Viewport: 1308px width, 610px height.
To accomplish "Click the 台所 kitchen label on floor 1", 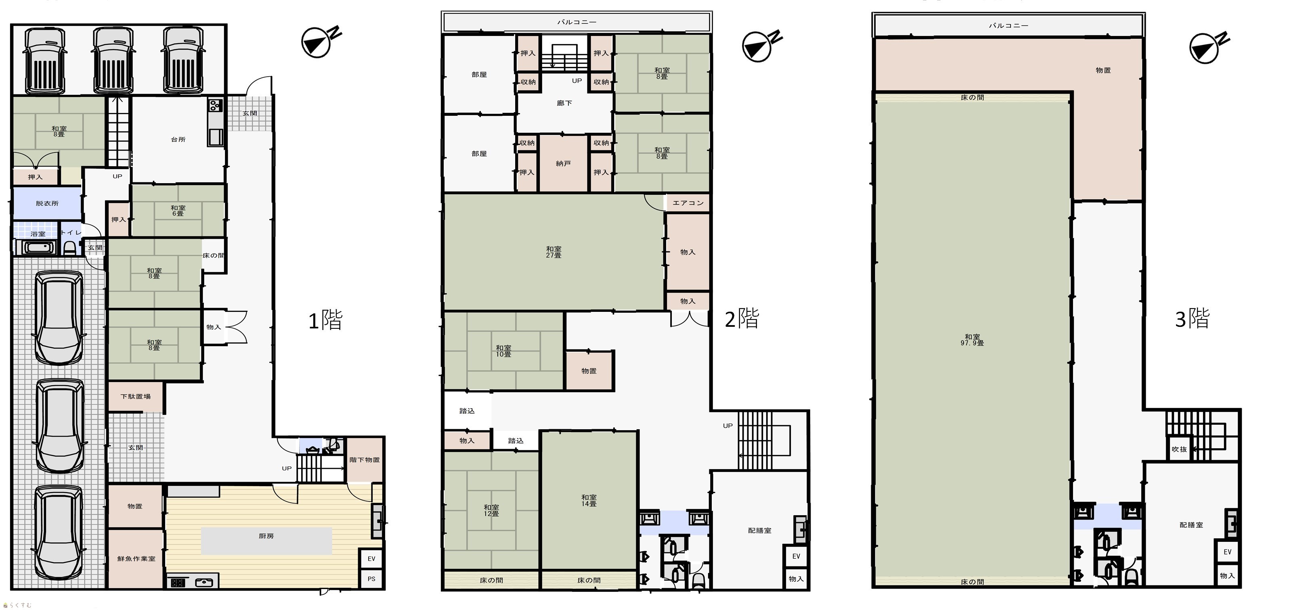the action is point(178,140).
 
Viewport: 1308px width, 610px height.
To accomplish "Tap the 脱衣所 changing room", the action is point(47,203).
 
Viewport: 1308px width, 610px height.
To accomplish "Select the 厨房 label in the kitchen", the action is point(266,536).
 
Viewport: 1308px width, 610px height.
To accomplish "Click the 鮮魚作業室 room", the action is point(136,559).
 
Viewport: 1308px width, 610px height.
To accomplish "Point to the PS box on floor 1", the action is point(371,579).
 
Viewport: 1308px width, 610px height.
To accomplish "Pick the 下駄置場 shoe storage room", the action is point(136,396).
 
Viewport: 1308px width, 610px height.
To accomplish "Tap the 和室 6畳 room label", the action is point(178,211).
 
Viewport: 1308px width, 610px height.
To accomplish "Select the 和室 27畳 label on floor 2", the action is point(553,252).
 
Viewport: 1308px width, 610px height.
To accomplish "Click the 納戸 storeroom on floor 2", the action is point(563,163).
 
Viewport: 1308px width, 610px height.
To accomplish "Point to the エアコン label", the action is point(688,203).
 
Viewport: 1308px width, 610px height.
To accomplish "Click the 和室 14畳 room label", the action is point(589,500).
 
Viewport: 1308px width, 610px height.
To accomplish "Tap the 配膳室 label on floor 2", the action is point(760,531).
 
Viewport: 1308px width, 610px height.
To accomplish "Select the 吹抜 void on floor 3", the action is point(1179,449).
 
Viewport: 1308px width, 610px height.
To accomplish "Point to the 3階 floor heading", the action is point(1192,319).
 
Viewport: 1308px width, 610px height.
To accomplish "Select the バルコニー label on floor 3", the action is point(1008,25).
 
